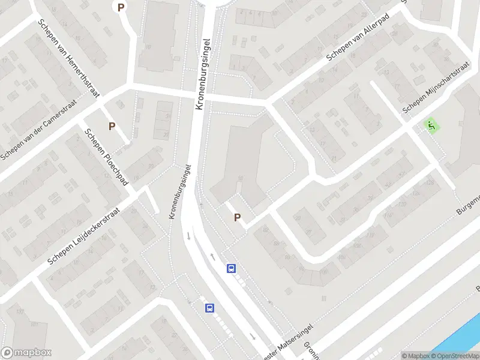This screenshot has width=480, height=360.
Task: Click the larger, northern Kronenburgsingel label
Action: coord(204,74)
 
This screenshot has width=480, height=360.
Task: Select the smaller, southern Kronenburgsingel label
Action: coord(181,192)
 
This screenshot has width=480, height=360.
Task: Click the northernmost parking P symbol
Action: coord(121,8)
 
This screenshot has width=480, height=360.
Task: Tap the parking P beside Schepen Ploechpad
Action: coord(112,126)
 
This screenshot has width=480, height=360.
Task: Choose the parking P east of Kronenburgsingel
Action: coord(237,218)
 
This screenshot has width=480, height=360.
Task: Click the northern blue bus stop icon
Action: coord(231,269)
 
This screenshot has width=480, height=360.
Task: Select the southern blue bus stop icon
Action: coord(209,308)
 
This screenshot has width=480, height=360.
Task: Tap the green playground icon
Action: coord(430,125)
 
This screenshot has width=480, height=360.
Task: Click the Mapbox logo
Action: coord(26,353)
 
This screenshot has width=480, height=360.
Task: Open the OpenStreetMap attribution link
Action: coord(454,355)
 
